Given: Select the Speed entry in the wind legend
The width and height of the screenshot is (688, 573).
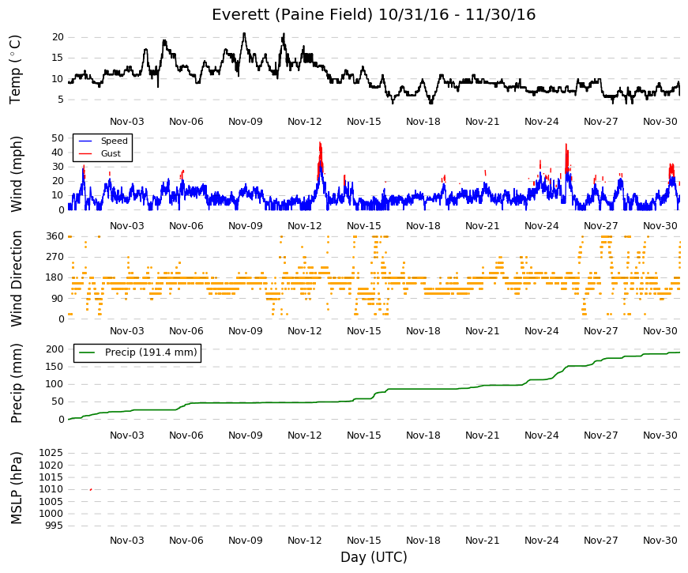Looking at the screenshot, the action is [114, 141].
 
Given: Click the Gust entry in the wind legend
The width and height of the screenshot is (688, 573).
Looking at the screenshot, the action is [111, 153].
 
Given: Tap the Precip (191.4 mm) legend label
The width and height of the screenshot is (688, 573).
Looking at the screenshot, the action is [151, 352].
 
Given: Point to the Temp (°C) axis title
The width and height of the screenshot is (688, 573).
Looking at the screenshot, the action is [15, 70].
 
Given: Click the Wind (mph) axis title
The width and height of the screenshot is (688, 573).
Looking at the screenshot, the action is [16, 175].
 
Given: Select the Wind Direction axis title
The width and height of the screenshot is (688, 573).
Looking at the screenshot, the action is [16, 279].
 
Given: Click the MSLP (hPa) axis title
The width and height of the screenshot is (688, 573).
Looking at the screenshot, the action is [16, 488].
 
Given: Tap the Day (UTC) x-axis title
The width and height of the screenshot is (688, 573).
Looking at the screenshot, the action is [374, 557].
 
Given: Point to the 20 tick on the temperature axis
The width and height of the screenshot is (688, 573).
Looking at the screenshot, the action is [58, 37].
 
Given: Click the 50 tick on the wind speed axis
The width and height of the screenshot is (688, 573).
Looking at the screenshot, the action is [58, 138].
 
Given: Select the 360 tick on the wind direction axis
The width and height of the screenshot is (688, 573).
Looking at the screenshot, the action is [55, 236].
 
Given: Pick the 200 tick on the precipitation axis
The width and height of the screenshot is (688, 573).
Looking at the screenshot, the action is [55, 349].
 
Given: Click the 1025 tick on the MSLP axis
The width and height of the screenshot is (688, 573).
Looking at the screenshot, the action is [51, 453].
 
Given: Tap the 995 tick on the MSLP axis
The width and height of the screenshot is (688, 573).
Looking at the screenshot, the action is [55, 526].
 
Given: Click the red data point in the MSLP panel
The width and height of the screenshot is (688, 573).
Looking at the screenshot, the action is [91, 489].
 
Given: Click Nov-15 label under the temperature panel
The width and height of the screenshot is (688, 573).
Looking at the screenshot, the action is [363, 122].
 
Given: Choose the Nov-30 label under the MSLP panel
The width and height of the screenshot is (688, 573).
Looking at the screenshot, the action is [660, 541].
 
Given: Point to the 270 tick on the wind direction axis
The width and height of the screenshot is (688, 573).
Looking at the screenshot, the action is [55, 257].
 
